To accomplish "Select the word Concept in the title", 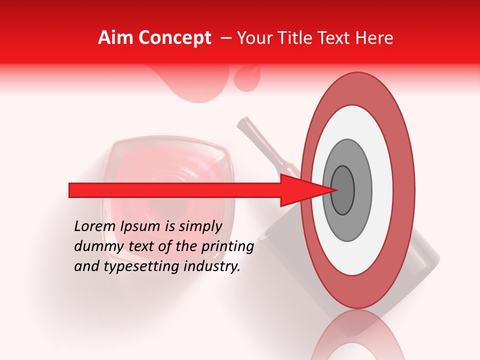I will click(x=174, y=38).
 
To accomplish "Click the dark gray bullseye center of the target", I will click(x=342, y=190).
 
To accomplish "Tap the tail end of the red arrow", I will click(x=72, y=190).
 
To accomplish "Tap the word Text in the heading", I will click(x=337, y=38).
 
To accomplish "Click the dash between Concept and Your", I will click(x=226, y=38).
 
